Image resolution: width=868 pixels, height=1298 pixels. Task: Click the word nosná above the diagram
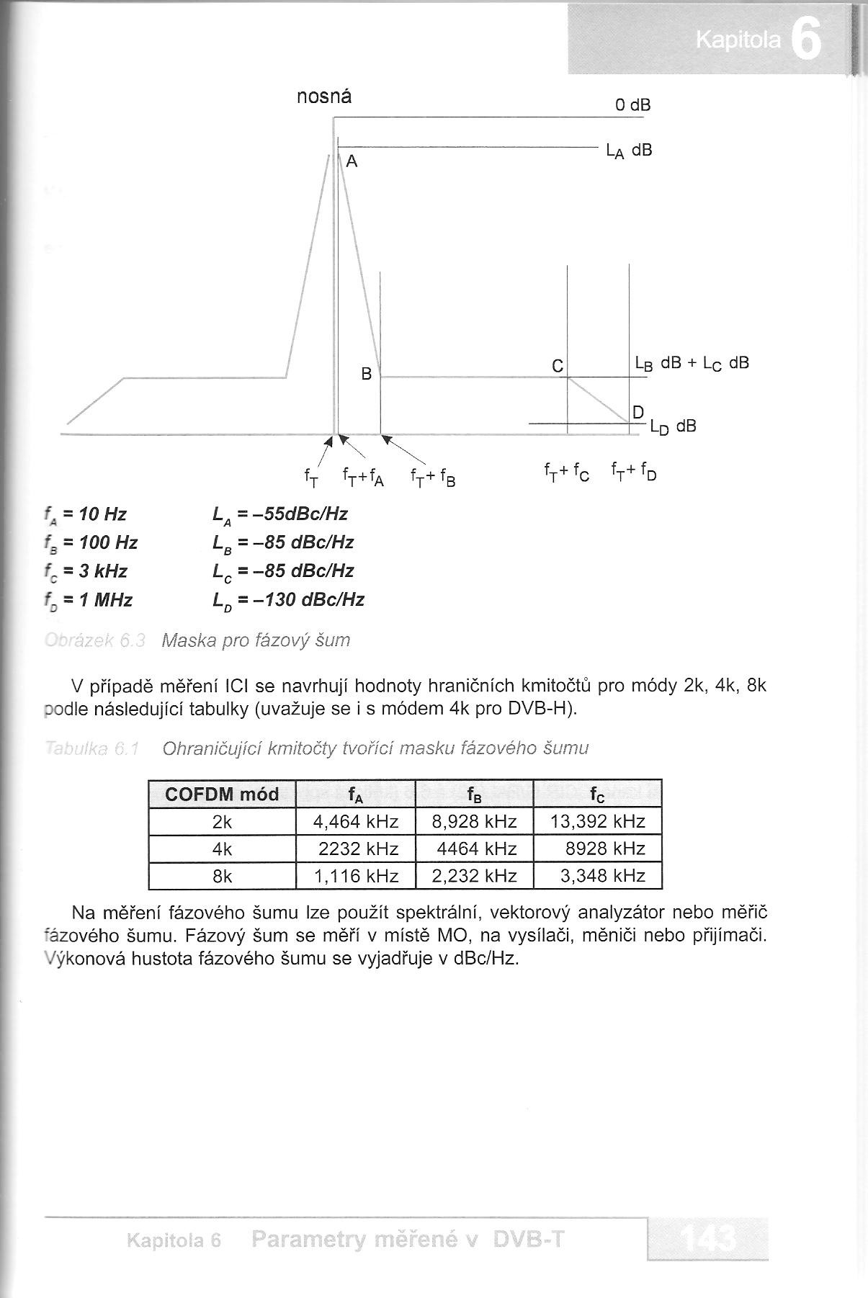pyautogui.click(x=324, y=97)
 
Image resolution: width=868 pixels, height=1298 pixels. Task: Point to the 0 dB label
pyautogui.click(x=633, y=105)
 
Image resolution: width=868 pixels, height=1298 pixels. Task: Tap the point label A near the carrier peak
pyautogui.click(x=352, y=162)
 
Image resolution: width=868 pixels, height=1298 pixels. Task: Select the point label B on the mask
pyautogui.click(x=367, y=375)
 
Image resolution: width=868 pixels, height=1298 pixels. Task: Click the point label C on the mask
pyautogui.click(x=558, y=367)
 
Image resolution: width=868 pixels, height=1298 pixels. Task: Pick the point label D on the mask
pyautogui.click(x=637, y=413)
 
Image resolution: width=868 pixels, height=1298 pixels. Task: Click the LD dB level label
pyautogui.click(x=673, y=426)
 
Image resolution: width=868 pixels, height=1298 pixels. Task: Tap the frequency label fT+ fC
pyautogui.click(x=566, y=473)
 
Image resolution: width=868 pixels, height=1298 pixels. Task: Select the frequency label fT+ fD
pyautogui.click(x=634, y=473)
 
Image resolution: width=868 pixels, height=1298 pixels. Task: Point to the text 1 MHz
pyautogui.click(x=108, y=600)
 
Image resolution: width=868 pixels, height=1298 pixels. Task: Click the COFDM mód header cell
pyautogui.click(x=222, y=795)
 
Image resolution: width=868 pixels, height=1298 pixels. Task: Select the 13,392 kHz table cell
pyautogui.click(x=598, y=821)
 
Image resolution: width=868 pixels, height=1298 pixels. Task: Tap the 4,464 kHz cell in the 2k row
pyautogui.click(x=356, y=821)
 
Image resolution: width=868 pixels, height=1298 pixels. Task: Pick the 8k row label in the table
pyautogui.click(x=222, y=876)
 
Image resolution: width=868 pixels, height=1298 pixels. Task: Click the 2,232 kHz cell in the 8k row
pyautogui.click(x=475, y=876)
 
